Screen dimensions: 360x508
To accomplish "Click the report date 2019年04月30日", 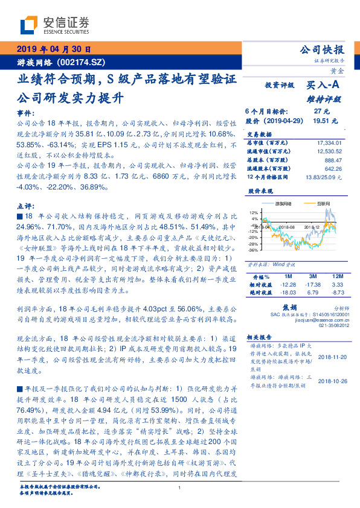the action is [53, 49].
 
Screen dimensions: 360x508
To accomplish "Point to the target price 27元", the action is [321, 112].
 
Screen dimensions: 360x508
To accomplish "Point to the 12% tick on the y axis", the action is [253, 213].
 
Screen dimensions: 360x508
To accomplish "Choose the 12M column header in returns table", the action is [337, 276].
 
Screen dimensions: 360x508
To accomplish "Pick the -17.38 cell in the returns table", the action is [311, 284].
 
